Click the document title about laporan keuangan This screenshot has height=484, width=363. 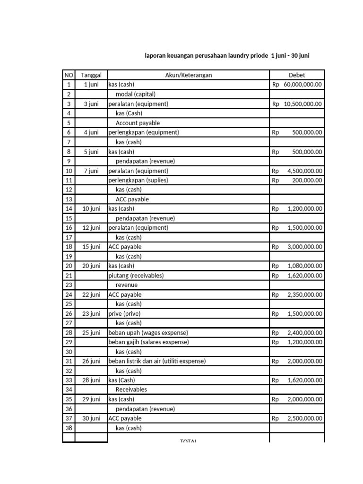click(227, 55)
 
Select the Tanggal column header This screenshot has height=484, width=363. click(91, 75)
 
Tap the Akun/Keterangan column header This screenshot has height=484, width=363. click(189, 75)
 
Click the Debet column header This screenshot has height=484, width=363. click(297, 75)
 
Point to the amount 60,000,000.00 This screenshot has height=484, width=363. click(303, 85)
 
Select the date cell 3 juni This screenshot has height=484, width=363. click(91, 104)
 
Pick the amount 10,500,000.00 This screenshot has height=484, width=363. click(303, 104)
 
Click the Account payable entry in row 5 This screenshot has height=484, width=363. click(138, 123)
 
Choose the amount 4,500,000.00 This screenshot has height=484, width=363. click(305, 171)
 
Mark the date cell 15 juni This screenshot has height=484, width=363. click(91, 247)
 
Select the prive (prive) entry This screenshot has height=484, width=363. click(124, 313)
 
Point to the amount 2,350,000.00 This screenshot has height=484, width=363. click(305, 294)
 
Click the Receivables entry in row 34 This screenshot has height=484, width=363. click(131, 390)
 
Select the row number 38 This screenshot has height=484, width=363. click(69, 428)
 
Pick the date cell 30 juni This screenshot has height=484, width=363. click(91, 418)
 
